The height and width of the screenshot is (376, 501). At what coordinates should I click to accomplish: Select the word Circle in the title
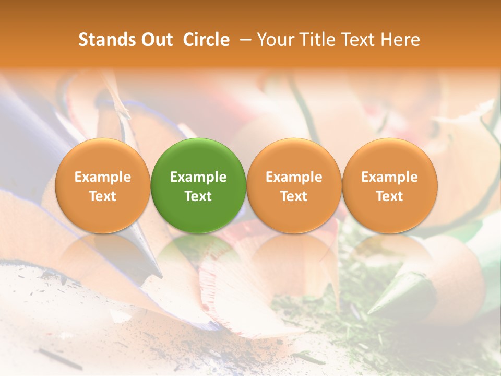click(206, 40)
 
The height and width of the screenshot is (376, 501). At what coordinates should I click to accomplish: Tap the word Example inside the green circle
click(198, 177)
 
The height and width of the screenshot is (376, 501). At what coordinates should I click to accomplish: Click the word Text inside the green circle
click(198, 196)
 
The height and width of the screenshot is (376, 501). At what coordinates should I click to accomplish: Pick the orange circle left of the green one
click(102, 185)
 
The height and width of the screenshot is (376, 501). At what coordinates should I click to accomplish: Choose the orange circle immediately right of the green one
click(294, 185)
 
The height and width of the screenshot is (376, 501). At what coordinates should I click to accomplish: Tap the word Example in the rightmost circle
click(389, 177)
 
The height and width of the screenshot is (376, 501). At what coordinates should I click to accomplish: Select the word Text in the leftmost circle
click(102, 196)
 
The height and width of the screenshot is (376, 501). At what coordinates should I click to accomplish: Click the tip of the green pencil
click(372, 311)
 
